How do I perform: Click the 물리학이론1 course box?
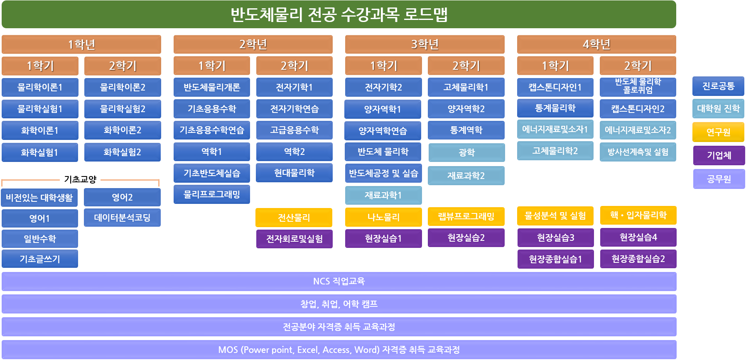coord(40,87)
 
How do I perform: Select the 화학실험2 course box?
coord(123,152)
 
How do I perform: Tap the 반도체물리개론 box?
coord(212,87)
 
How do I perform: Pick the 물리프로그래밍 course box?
coord(212,194)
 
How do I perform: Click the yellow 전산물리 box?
coord(294,218)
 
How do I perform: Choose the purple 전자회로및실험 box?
coord(294,239)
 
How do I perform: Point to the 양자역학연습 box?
coord(383,131)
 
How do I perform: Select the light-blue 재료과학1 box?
coord(383,195)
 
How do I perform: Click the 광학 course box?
coord(466,152)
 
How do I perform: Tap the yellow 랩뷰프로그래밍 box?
coord(466,217)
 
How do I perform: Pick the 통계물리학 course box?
coord(555,108)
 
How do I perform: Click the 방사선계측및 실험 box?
coord(638,152)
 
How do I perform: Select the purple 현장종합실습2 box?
coord(638,259)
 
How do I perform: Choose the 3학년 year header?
coord(425,44)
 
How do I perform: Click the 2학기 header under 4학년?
coord(638,66)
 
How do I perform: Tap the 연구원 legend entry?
coord(718,132)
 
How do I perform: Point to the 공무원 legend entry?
coord(719,179)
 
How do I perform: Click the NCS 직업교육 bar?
coord(339,282)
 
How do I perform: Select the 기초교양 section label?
coord(80,179)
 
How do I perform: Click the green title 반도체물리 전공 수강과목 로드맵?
coord(339,15)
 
